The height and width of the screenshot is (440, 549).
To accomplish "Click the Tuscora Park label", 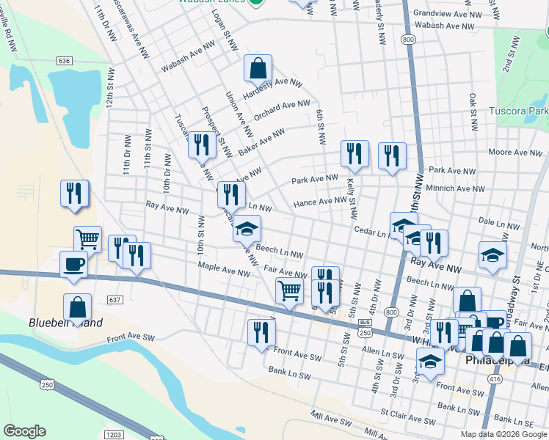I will click(x=518, y=111).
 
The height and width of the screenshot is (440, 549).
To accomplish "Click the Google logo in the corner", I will click(x=24, y=431).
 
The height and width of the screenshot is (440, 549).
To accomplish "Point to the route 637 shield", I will click(x=114, y=300).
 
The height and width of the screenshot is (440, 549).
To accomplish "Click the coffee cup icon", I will click(x=74, y=264).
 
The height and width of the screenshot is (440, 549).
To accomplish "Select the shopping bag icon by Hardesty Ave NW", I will click(x=258, y=69).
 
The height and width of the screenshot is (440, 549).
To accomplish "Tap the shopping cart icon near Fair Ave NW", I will click(x=290, y=290).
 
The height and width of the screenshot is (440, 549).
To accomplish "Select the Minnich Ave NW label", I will click(x=456, y=188).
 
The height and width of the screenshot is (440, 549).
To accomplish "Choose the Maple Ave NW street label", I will click(x=224, y=271).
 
